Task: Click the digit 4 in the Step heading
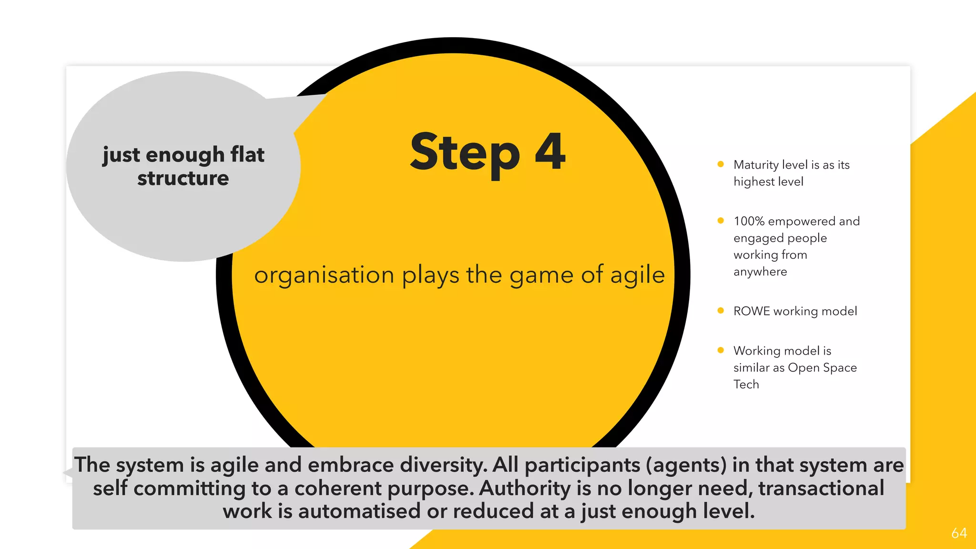click(x=550, y=152)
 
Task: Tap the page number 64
click(x=959, y=533)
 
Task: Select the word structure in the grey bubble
click(x=183, y=178)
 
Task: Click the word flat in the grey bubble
click(x=247, y=154)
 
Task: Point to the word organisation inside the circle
click(x=324, y=275)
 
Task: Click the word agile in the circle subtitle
click(x=637, y=275)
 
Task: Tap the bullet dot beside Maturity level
click(x=721, y=164)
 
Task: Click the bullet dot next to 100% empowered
click(x=721, y=221)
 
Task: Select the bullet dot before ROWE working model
click(x=721, y=311)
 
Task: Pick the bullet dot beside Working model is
click(x=721, y=350)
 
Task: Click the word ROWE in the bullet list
click(x=751, y=311)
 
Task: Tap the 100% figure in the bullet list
click(x=749, y=221)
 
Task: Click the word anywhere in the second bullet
click(x=760, y=272)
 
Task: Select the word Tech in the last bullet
click(x=746, y=384)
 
